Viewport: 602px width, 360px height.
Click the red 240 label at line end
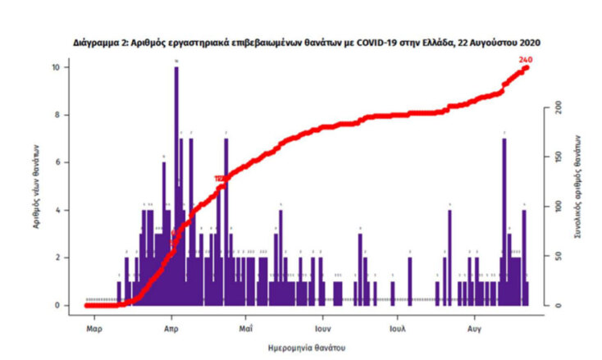[525, 59]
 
